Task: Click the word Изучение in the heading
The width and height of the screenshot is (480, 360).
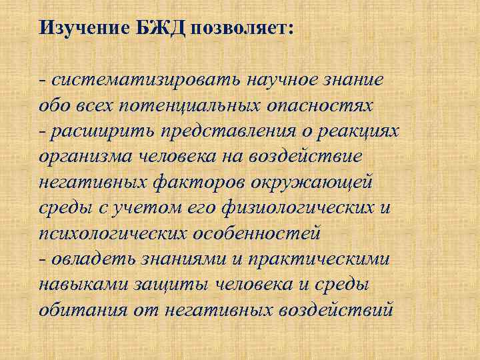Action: coord(79,28)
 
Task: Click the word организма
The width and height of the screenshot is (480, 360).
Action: coord(81,157)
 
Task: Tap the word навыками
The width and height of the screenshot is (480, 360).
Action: coord(81,285)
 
